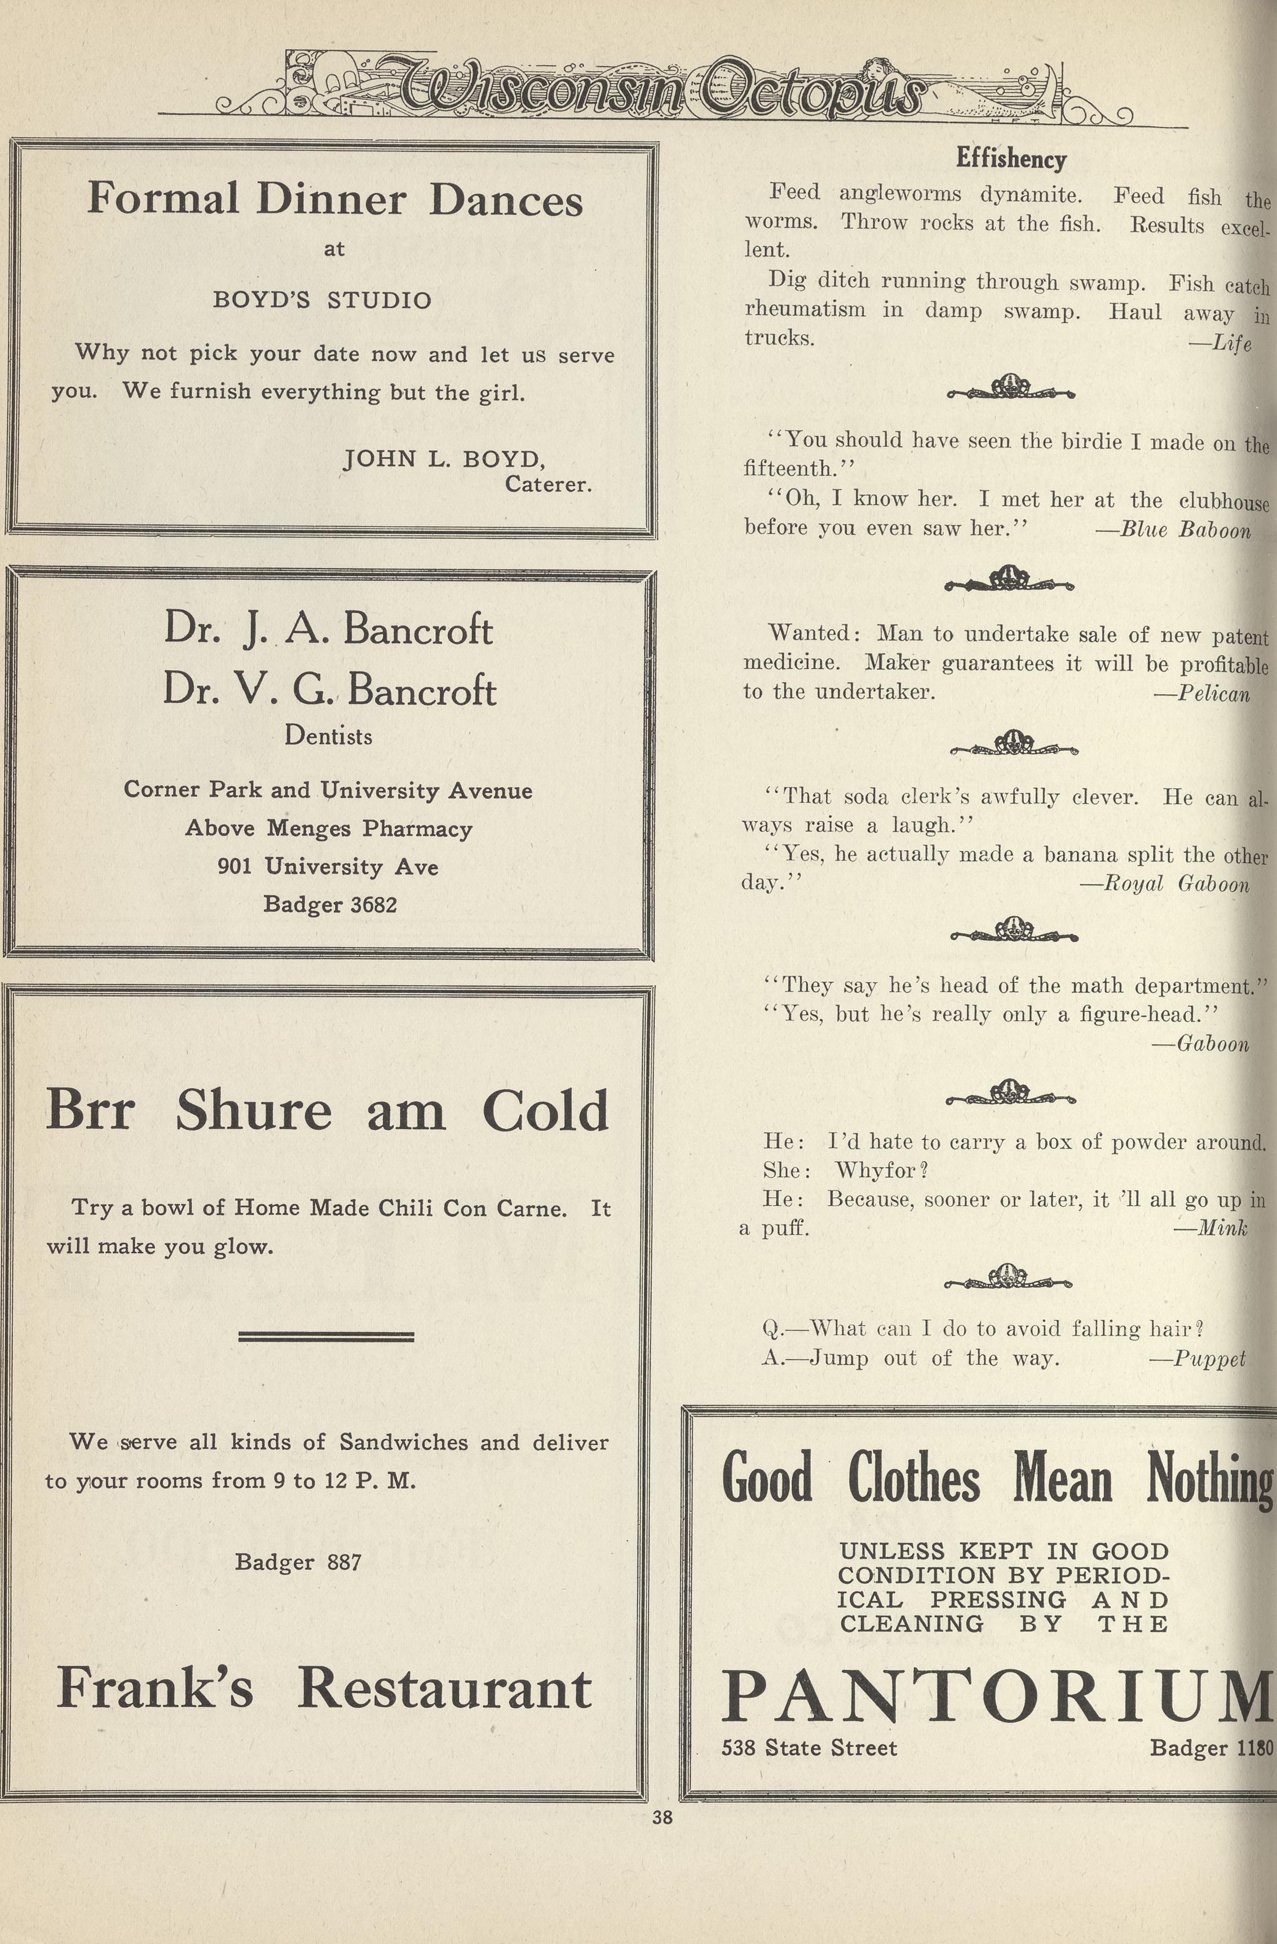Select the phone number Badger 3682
(330, 904)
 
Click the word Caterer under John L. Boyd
(548, 485)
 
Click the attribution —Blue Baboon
(1173, 530)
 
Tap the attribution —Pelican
(1202, 694)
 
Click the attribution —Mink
(1211, 1227)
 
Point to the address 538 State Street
(809, 1747)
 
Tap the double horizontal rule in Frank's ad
(326, 1337)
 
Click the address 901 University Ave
(328, 866)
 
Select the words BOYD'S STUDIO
(322, 300)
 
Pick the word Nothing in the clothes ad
(1209, 1479)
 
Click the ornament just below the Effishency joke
(1011, 388)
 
